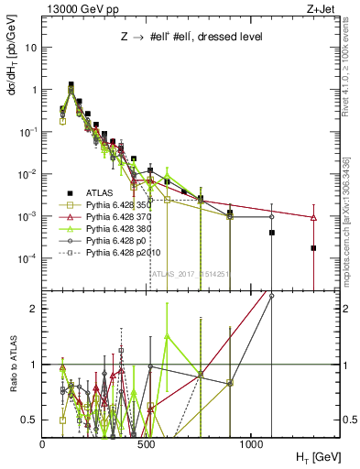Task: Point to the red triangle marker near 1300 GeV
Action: (x=313, y=218)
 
